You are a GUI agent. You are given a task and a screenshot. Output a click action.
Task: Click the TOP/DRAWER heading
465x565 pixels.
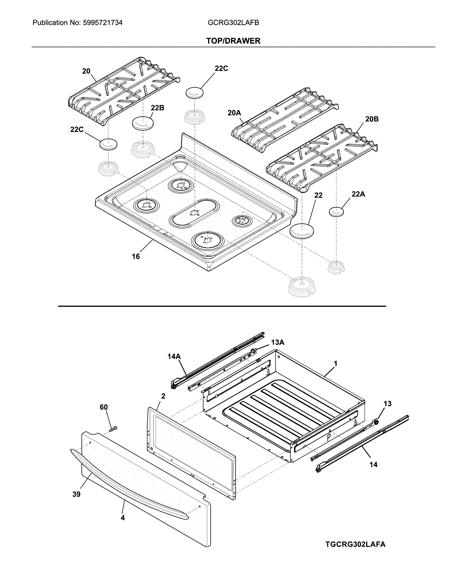pos(233,41)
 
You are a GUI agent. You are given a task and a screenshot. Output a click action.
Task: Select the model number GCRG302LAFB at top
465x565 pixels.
pos(233,23)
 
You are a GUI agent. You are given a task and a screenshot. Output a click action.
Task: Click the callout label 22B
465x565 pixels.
pos(157,108)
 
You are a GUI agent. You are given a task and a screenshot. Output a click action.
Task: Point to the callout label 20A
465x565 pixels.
pos(234,113)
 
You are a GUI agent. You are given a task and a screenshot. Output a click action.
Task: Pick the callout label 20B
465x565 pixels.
pos(372,119)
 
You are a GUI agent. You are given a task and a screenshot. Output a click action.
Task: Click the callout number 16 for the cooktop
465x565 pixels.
pos(136,256)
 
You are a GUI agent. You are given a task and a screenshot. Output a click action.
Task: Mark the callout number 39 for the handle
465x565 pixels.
pos(76,494)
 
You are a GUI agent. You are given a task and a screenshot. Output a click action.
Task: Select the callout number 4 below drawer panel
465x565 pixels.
pos(123,518)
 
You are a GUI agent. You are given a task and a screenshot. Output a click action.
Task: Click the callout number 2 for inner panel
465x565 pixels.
pos(163,396)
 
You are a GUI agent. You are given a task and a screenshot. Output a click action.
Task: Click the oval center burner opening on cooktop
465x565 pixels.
pos(194,213)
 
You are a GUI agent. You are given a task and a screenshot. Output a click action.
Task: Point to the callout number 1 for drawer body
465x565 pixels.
pos(335,364)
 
